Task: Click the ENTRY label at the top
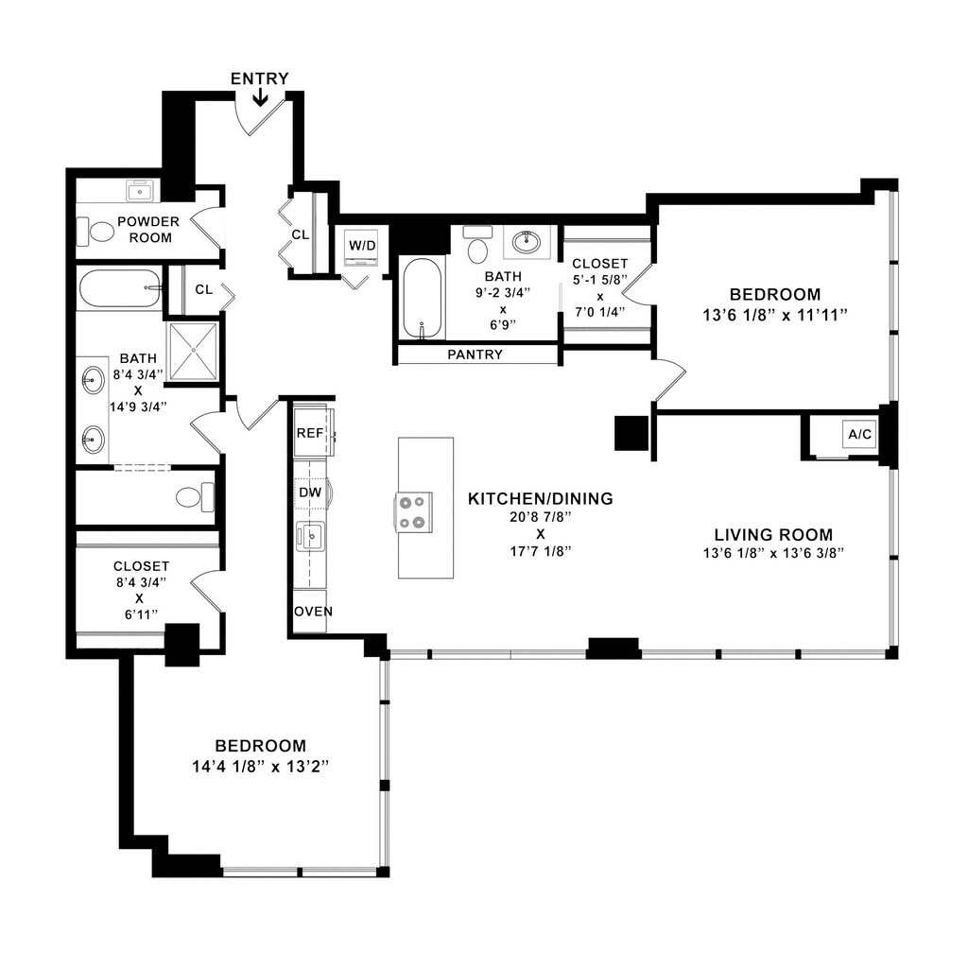(259, 78)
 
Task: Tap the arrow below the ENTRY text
(260, 97)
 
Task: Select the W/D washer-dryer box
(362, 246)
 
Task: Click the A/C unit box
(859, 435)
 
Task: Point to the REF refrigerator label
(310, 433)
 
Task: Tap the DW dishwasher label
(310, 492)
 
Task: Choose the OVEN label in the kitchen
(314, 612)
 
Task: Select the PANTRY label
(475, 354)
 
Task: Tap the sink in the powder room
(142, 191)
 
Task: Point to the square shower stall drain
(193, 350)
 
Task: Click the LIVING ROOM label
(773, 535)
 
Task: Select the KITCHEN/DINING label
(541, 499)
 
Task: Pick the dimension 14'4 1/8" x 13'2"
(260, 767)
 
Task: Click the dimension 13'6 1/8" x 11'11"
(775, 316)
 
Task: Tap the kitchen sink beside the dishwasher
(310, 536)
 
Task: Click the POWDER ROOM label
(148, 229)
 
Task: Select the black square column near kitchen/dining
(631, 433)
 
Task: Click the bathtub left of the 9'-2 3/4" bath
(423, 299)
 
